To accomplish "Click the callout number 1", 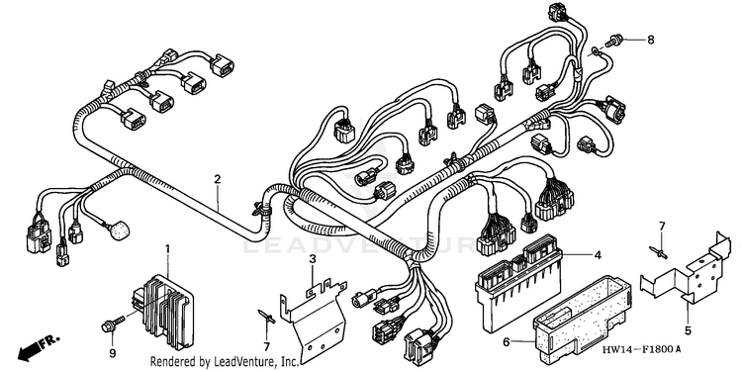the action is pos(166,248).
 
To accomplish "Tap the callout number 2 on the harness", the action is pos(218,179).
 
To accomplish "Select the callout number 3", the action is pos(313,259).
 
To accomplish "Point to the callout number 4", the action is pos(598,255).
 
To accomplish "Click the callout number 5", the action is pos(688,331).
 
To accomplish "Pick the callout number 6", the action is pos(507,341).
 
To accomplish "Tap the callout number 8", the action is pos(651,41).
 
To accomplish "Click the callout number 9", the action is pos(112,352).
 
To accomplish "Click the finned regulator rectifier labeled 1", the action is pos(163,311).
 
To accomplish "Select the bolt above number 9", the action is pos(113,324).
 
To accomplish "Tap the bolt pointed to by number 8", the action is pos(614,41).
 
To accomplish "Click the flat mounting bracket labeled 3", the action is pos(315,319).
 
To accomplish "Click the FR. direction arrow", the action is pos(39,346).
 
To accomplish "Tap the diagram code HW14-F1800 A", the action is pos(642,350).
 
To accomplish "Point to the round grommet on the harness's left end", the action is pos(119,231).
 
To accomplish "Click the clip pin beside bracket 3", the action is pos(267,316).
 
